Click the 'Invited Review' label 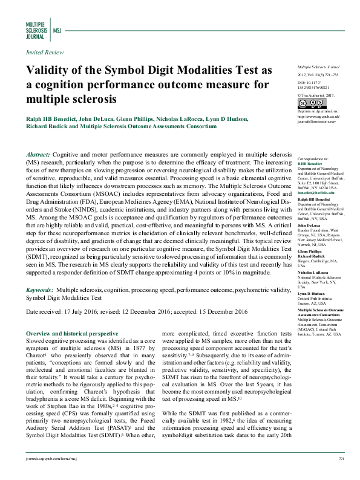pos(44,53)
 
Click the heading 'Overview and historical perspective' pos(72,333)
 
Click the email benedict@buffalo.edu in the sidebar pos(312,192)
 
